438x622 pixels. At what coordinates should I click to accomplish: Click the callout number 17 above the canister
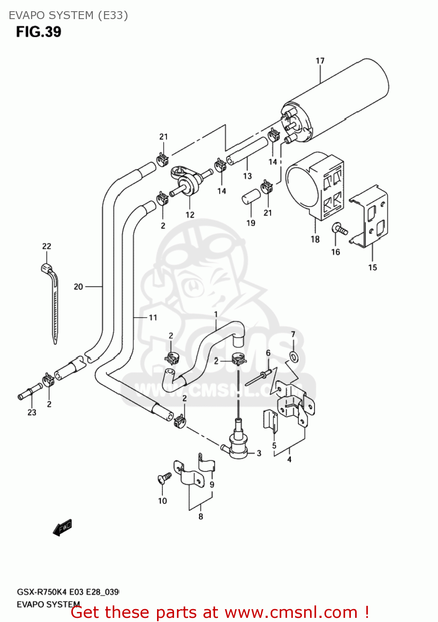(320, 61)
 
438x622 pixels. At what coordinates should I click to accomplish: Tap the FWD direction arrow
(63, 527)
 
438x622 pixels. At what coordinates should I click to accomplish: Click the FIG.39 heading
(39, 32)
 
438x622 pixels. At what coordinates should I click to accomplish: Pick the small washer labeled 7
(293, 356)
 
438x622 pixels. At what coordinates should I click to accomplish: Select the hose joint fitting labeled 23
(30, 392)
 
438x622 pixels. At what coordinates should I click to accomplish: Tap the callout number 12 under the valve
(190, 215)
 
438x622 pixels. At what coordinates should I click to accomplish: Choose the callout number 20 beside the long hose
(78, 287)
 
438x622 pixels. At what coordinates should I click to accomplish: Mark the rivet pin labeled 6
(258, 378)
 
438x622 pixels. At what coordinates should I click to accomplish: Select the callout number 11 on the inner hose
(153, 318)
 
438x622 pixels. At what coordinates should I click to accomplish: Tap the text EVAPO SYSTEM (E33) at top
(68, 15)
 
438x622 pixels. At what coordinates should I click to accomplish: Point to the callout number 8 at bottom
(201, 517)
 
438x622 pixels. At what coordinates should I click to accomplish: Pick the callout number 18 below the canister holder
(315, 239)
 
